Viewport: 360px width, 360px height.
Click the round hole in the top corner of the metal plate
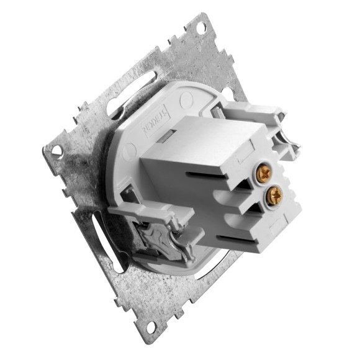pos(200,27)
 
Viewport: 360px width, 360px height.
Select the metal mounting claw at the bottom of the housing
pos(155,239)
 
